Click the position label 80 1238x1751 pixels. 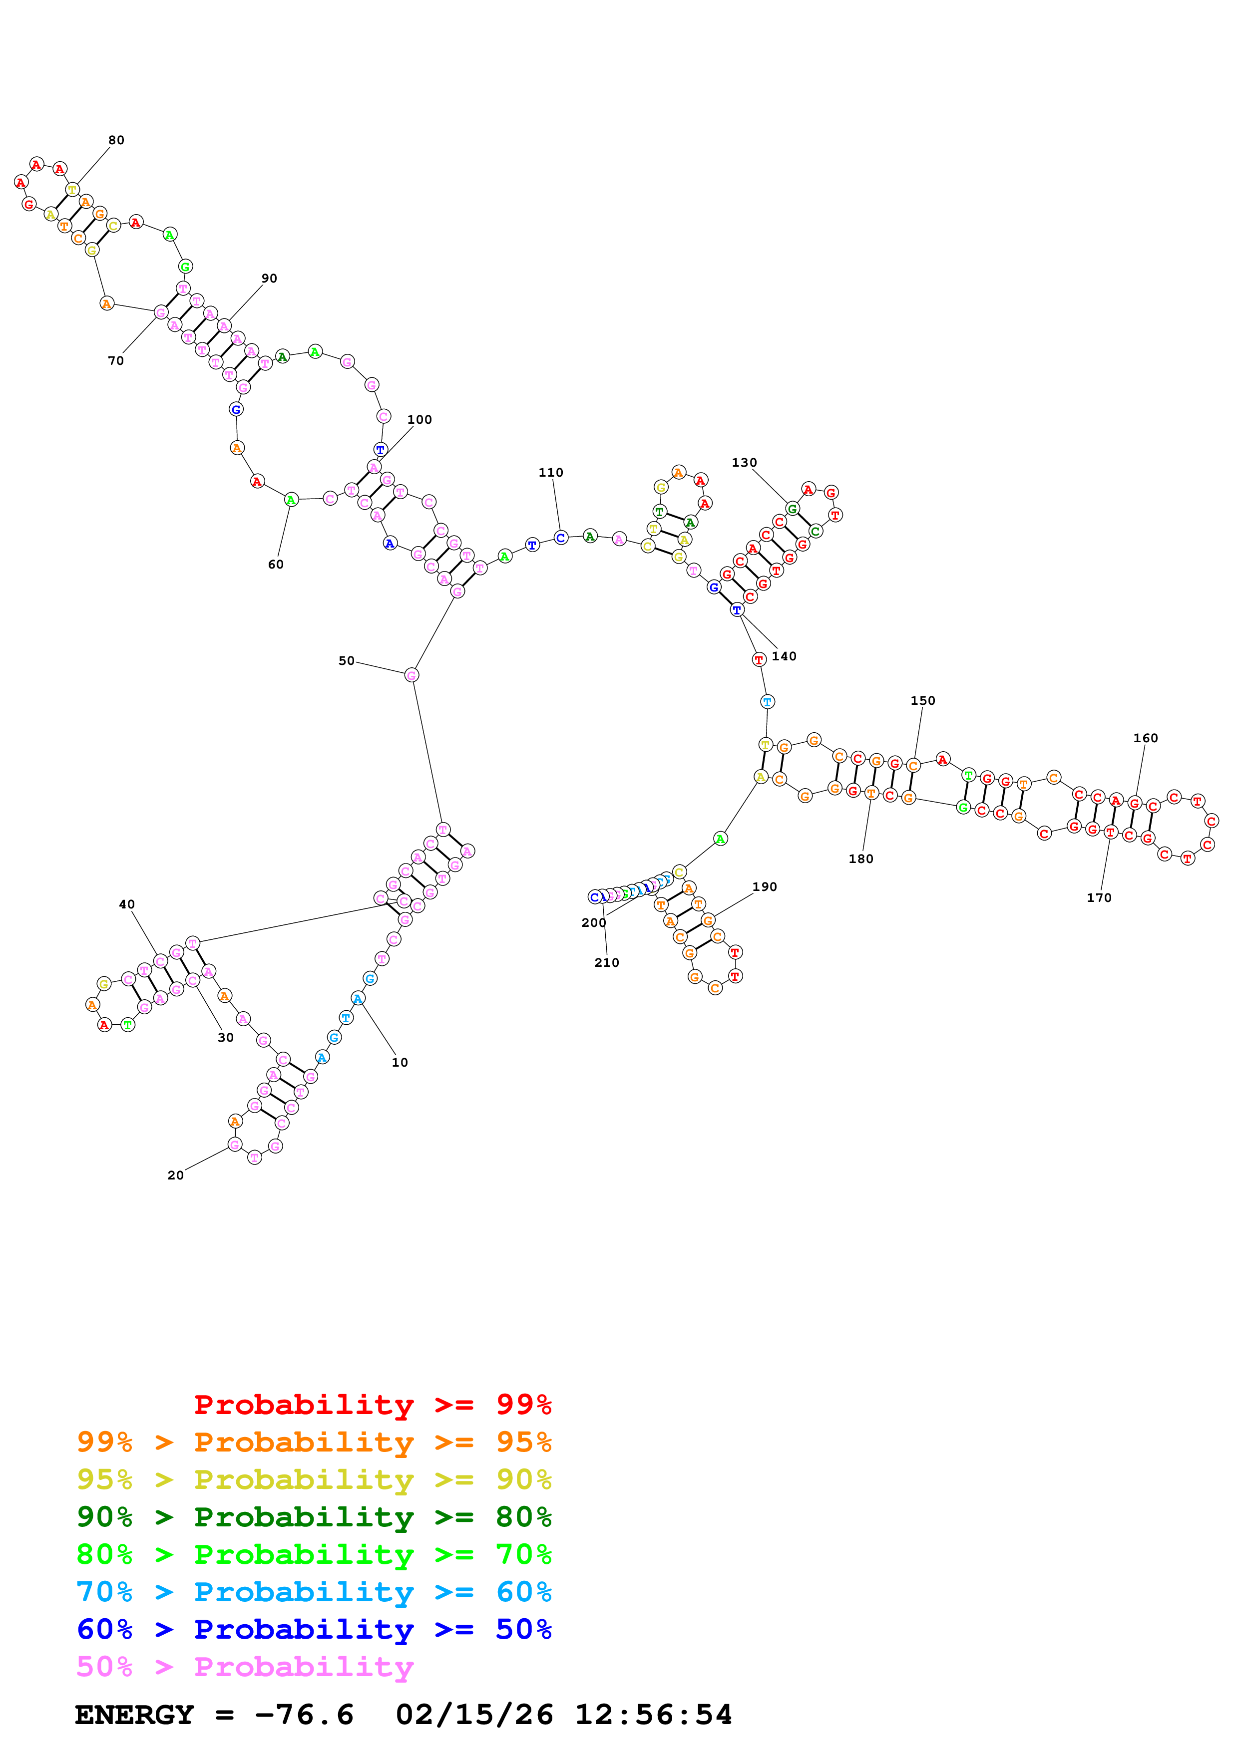[x=116, y=140]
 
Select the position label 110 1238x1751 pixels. [x=551, y=473]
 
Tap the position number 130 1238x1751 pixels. [x=745, y=463]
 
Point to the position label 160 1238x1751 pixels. [x=1146, y=738]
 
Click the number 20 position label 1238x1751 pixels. [x=175, y=1175]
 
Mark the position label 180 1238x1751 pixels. [x=861, y=859]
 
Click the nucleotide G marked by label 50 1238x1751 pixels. [x=411, y=675]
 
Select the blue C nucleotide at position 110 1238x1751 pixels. [x=561, y=538]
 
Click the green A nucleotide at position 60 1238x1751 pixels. [x=291, y=500]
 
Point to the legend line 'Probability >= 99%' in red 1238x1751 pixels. [x=372, y=1404]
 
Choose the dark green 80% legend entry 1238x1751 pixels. [x=314, y=1517]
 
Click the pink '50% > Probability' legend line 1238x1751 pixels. [x=245, y=1666]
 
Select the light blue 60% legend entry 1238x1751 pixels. [x=314, y=1592]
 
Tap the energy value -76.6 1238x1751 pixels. [x=304, y=1715]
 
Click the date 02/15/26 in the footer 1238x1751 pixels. [x=474, y=1715]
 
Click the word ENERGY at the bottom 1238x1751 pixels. [x=134, y=1715]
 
